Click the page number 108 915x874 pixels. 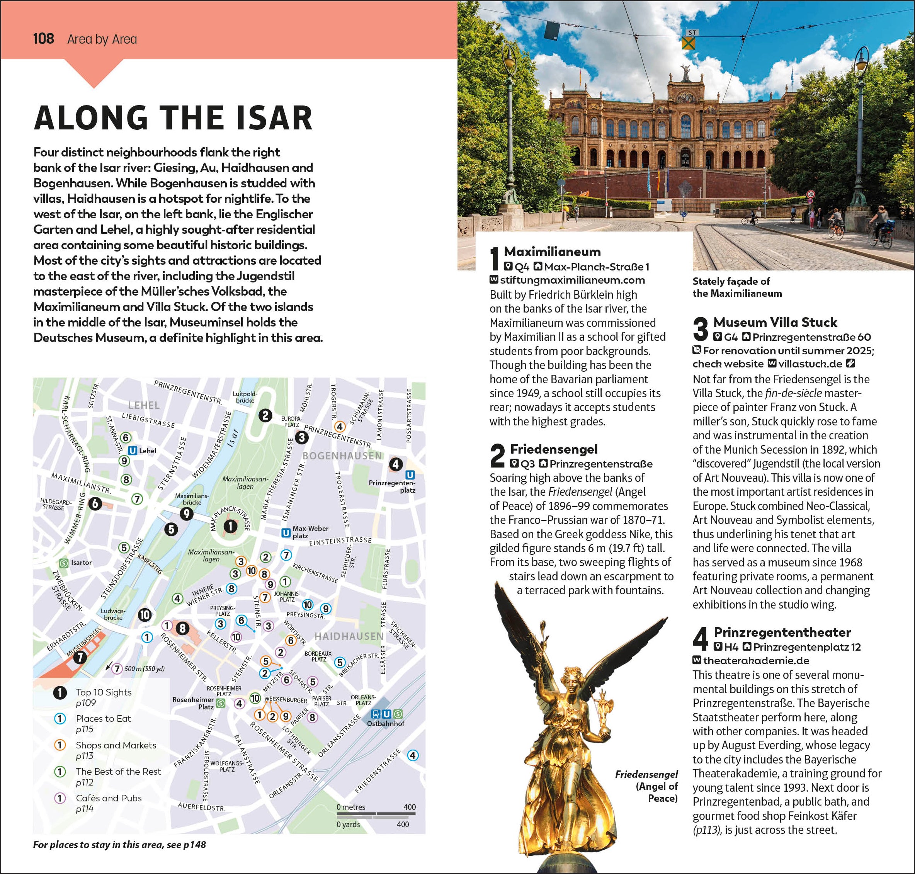pos(43,39)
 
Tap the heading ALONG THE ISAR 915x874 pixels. pos(173,118)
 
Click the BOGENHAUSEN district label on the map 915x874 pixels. pos(342,456)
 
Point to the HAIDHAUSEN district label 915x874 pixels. pos(349,636)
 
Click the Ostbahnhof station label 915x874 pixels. pos(385,724)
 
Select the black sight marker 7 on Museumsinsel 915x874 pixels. pos(80,657)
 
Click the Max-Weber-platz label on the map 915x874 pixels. pos(311,532)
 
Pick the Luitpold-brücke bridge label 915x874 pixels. pos(245,397)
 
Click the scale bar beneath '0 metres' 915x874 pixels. pos(376,814)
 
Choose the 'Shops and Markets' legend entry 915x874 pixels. pos(116,745)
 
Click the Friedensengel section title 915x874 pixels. pos(553,449)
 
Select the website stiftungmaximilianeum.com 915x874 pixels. pos(572,280)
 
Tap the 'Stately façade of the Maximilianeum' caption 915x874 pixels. pos(736,287)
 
